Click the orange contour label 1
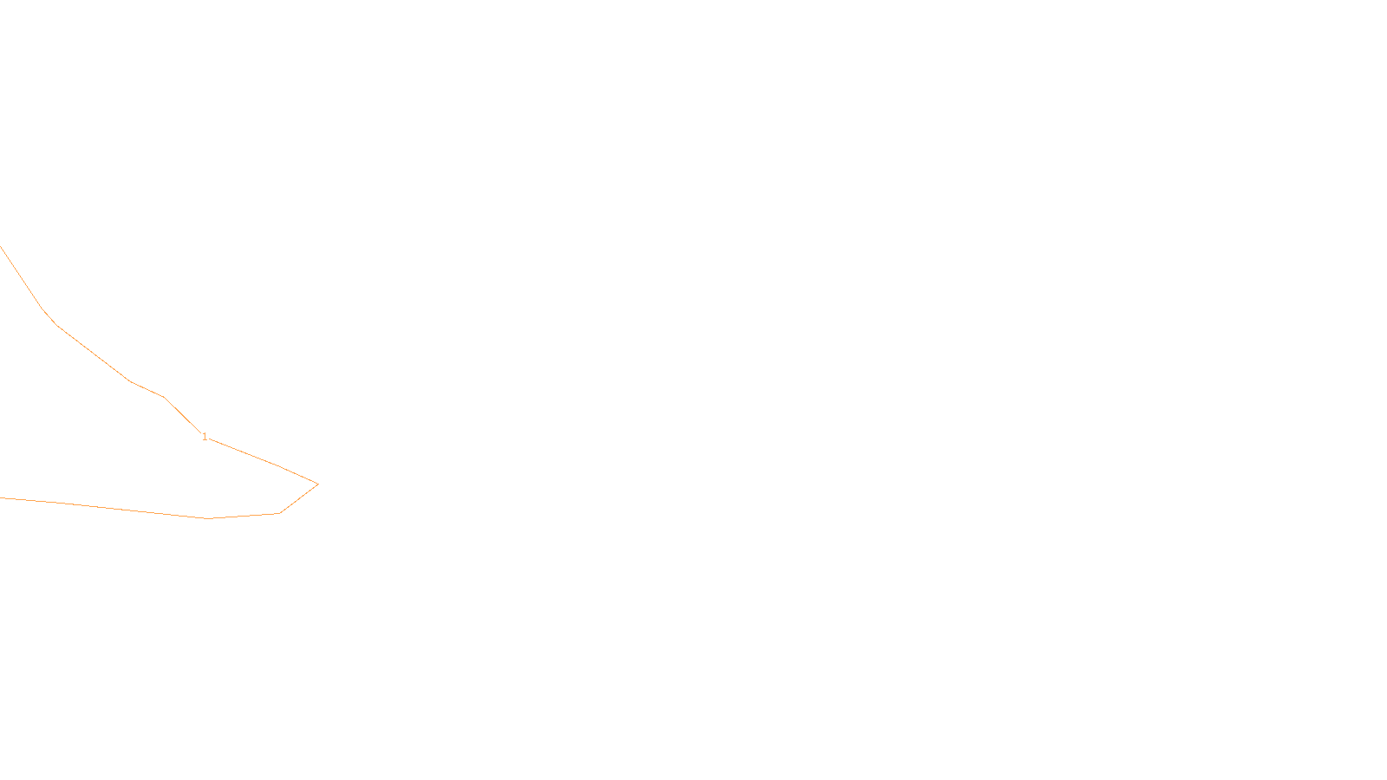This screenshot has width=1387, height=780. coord(205,437)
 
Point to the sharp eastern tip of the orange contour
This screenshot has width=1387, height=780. coord(318,484)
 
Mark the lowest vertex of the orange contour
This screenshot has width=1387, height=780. coord(208,518)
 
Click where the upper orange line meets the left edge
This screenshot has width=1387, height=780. coord(1,248)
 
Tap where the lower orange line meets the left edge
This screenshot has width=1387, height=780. coord(1,497)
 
